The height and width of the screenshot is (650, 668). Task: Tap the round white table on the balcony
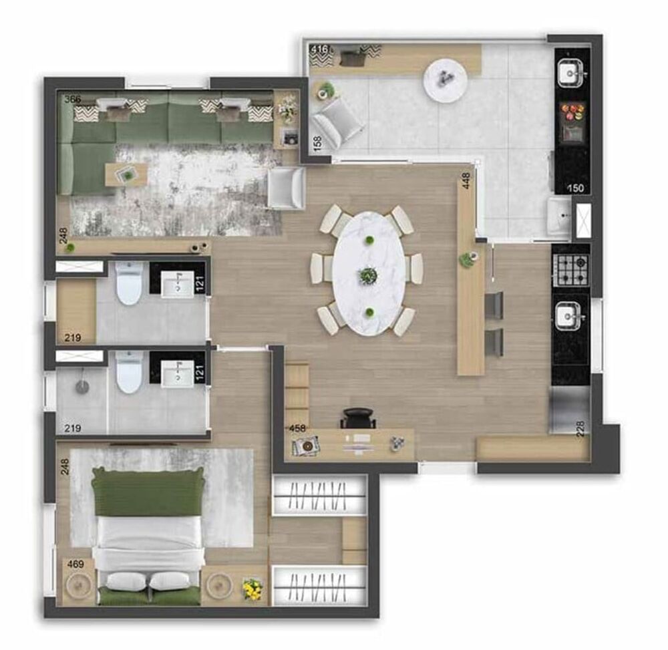pyautogui.click(x=446, y=80)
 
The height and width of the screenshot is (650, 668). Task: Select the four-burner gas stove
pyautogui.click(x=571, y=269)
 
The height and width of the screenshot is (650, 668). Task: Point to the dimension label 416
pyautogui.click(x=319, y=49)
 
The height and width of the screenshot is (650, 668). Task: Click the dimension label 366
pyautogui.click(x=73, y=100)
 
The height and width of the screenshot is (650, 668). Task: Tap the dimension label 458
pyautogui.click(x=297, y=428)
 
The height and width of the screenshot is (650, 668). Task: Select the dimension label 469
pyautogui.click(x=75, y=564)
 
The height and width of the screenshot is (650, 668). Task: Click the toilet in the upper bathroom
pyautogui.click(x=129, y=283)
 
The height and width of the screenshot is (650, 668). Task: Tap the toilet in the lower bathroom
pyautogui.click(x=129, y=373)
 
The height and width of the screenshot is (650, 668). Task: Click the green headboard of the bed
pyautogui.click(x=148, y=492)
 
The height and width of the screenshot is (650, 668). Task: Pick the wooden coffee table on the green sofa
pyautogui.click(x=126, y=174)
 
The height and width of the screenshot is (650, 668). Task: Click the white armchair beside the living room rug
pyautogui.click(x=285, y=188)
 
